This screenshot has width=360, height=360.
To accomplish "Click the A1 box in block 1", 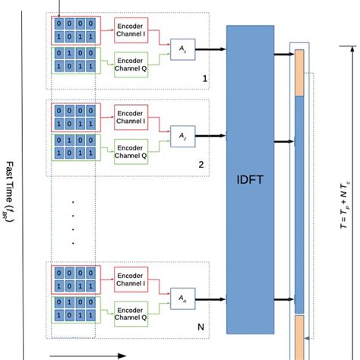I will (182, 49).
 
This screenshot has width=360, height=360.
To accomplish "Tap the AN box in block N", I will (182, 296).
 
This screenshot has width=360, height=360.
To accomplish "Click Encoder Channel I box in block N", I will (131, 278).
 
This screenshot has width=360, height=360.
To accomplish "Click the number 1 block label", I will (204, 78).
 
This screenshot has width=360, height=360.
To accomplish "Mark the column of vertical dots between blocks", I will (72, 222).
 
